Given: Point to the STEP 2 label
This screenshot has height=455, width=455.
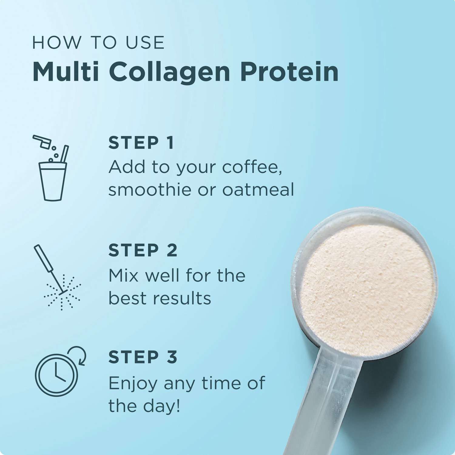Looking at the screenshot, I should tap(143, 250).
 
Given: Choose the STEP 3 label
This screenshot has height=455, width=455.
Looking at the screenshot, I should tap(143, 357).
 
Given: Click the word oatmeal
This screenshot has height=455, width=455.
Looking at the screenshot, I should tap(258, 190).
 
